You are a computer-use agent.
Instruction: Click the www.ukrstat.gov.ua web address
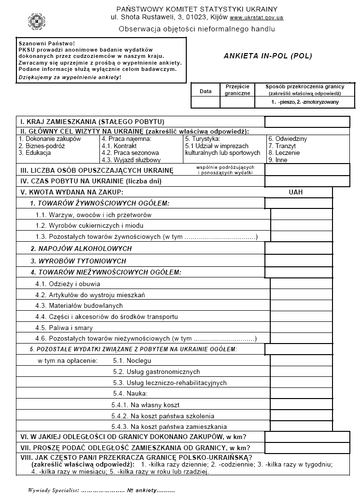256,18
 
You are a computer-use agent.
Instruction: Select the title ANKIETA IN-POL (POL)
268,55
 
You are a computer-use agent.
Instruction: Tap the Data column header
206,91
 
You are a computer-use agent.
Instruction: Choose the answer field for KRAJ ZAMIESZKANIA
307,122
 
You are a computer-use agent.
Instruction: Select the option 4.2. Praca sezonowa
130,153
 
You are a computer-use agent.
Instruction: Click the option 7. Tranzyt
282,146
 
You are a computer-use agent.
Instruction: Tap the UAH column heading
295,192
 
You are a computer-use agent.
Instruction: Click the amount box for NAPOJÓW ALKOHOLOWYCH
299,248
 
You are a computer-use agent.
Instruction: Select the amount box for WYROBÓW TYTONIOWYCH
299,261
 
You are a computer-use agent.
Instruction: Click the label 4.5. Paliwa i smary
64,328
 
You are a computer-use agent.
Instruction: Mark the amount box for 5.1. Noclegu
301,360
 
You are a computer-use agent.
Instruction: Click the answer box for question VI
307,437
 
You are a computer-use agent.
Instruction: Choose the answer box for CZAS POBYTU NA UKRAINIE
307,181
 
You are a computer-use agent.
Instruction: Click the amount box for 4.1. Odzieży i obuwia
301,284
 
